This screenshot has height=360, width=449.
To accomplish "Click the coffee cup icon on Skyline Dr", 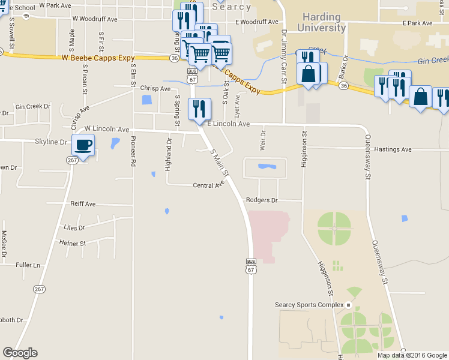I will [x=83, y=145].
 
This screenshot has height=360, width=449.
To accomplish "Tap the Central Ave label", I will [x=208, y=185].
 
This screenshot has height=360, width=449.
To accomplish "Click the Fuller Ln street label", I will [x=28, y=265].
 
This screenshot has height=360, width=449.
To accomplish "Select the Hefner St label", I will [x=73, y=243].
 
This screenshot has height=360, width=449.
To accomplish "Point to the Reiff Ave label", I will [x=83, y=204].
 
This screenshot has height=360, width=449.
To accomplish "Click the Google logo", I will [x=20, y=353].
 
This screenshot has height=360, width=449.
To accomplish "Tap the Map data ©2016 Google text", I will [x=412, y=355].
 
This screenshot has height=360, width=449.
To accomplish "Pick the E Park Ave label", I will [x=418, y=23].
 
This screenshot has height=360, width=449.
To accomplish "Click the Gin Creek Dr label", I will [x=33, y=106].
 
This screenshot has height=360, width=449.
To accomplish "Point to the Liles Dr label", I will [x=74, y=228].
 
